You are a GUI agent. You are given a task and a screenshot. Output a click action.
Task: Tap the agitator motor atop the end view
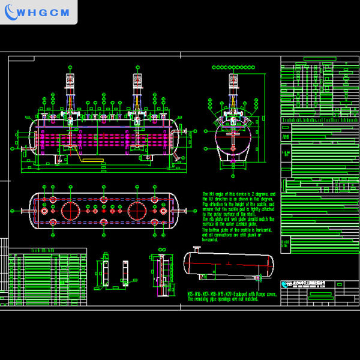click(x=233, y=82)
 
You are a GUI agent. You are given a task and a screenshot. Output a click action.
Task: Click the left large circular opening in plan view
click(x=73, y=211)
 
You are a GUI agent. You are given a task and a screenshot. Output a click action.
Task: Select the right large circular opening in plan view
click(x=139, y=211)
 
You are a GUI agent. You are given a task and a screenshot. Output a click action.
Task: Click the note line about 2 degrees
click(x=238, y=194)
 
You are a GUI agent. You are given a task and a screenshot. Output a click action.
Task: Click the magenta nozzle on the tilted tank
click(x=259, y=278)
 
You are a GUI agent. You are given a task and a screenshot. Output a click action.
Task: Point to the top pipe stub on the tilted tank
click(x=196, y=248)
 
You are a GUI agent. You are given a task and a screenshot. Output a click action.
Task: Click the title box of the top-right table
click(x=317, y=59)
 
